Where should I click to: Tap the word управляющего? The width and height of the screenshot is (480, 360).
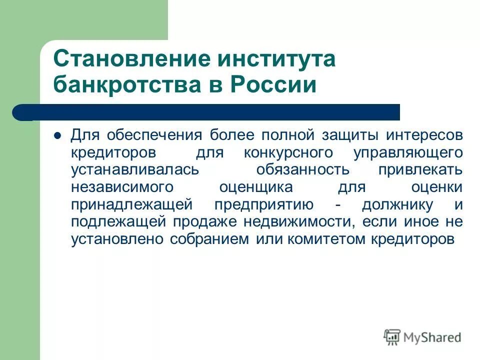[407, 152]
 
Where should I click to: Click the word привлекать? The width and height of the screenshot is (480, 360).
[420, 169]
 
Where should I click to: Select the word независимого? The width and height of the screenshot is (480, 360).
[122, 187]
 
